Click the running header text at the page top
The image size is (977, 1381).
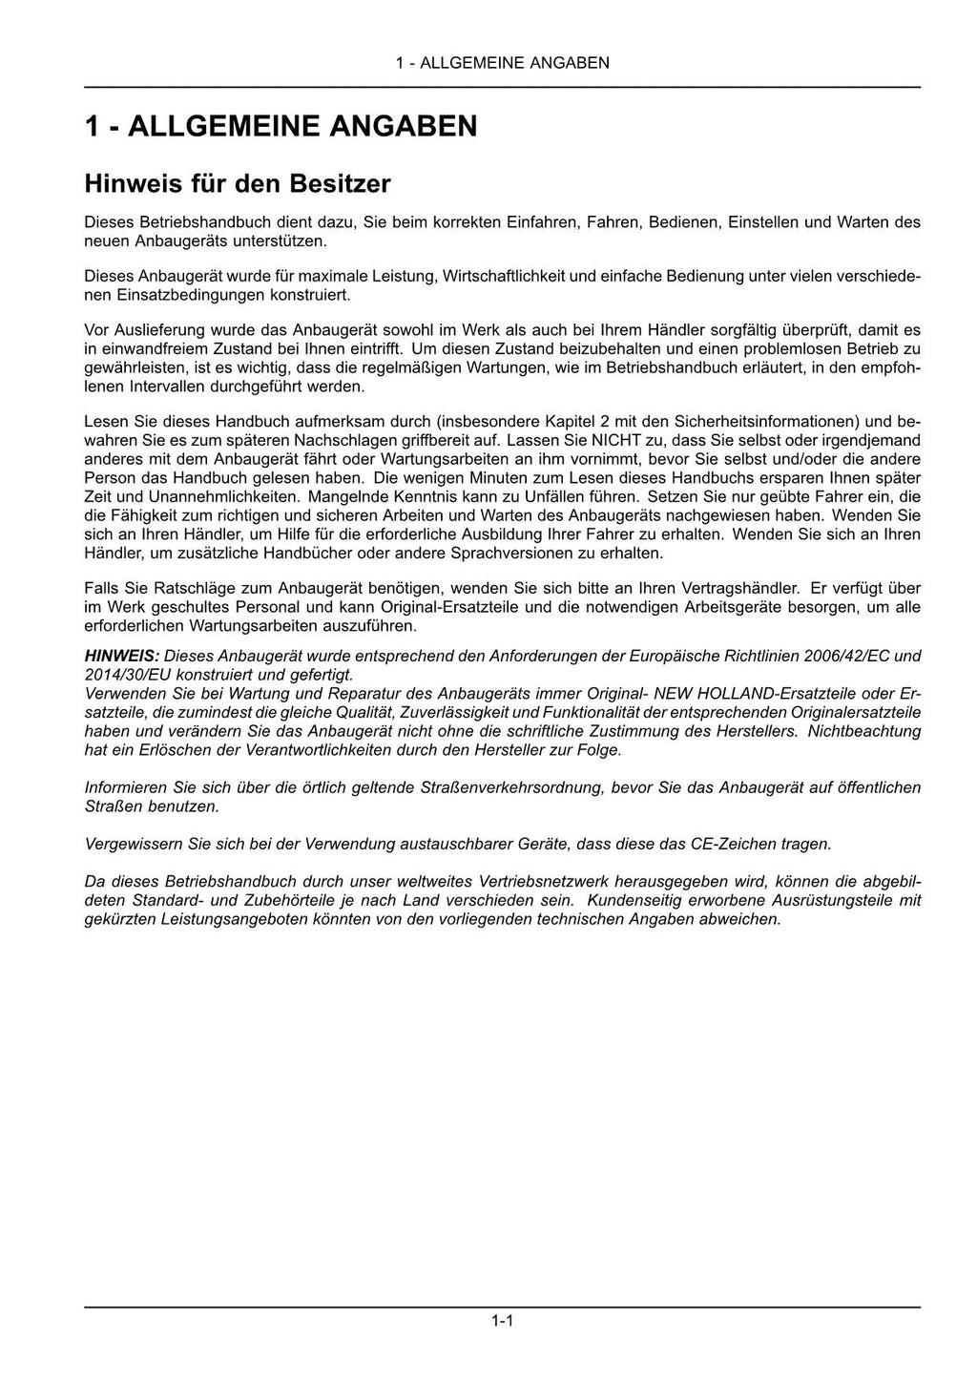(503, 63)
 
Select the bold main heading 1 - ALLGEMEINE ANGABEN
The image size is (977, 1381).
(281, 126)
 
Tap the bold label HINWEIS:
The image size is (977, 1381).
(122, 657)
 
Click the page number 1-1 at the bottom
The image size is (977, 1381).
(503, 1322)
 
